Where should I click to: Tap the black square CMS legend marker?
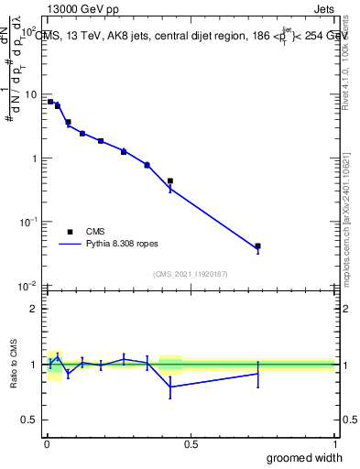[x=70, y=232]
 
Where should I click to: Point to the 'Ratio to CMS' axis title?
[x=14, y=364]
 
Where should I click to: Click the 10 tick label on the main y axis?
[x=31, y=94]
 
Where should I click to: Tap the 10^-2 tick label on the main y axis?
[x=28, y=285]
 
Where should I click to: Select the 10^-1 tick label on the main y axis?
[x=28, y=222]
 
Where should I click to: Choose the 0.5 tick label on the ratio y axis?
[x=30, y=420]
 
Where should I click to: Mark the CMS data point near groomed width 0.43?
[x=170, y=181]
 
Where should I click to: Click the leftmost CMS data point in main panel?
[x=50, y=102]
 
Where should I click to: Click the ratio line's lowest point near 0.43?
[x=170, y=387]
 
